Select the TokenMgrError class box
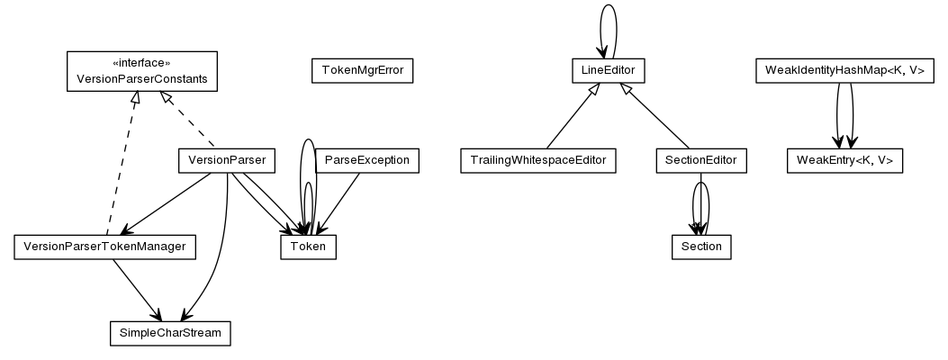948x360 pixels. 361,71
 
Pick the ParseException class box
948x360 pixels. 366,161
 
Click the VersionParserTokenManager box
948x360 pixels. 104,247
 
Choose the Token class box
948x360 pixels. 309,247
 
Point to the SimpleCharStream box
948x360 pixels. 170,333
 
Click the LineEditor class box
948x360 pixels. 609,69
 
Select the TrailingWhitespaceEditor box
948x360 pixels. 538,161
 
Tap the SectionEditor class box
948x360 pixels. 700,161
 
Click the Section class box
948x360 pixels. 701,247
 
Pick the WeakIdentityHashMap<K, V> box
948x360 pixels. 844,71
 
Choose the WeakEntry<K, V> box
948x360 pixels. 844,161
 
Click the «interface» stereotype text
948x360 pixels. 141,63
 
